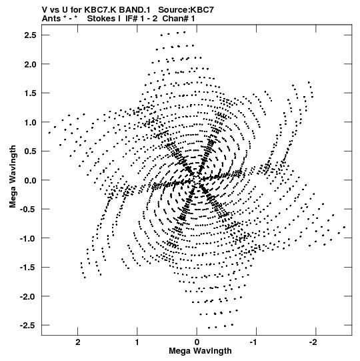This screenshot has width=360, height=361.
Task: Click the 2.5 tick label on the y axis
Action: tap(30, 35)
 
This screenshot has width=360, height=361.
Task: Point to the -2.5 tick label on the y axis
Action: tap(28, 326)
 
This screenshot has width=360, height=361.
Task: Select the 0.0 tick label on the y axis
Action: tap(30, 180)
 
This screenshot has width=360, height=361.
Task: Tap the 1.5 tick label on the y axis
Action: tap(30, 93)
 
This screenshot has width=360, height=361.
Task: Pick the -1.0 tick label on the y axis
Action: tap(28, 238)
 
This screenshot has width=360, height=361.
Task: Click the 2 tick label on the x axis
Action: tap(78, 342)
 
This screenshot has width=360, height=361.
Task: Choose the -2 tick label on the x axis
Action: tap(313, 342)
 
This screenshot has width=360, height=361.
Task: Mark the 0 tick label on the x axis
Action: tap(197, 342)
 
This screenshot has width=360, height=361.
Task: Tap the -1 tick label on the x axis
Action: tap(254, 342)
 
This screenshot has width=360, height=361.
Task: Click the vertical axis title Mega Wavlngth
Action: tap(13, 177)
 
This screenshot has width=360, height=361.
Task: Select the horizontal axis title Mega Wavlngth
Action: tap(200, 352)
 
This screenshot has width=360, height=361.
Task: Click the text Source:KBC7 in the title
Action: tap(186, 10)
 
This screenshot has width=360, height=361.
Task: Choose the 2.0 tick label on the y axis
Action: tap(30, 64)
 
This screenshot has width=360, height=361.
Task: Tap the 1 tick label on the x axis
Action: tap(137, 342)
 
